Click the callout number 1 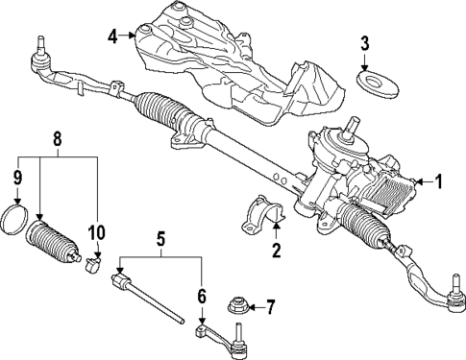pyautogui.click(x=439, y=180)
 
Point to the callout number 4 pyautogui.click(x=113, y=37)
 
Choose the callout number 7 pyautogui.click(x=272, y=307)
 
